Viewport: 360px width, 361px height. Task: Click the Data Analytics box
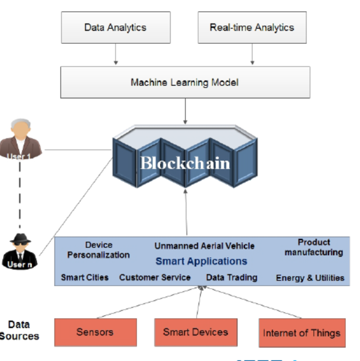[116, 27]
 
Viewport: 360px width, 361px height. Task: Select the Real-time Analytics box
[252, 27]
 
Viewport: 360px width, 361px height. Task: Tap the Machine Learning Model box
[185, 82]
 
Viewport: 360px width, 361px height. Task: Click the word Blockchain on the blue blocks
[185, 163]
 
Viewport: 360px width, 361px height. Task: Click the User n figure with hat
[19, 251]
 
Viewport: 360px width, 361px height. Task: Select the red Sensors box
[95, 332]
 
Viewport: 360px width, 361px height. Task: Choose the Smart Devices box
[196, 332]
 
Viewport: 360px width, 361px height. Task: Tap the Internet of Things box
[302, 333]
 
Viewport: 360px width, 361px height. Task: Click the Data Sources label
[19, 330]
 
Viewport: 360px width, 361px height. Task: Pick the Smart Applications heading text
[201, 261]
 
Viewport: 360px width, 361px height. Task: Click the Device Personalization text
[98, 250]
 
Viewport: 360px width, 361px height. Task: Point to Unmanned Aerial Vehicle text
[204, 246]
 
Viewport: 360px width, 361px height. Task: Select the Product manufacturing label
[314, 247]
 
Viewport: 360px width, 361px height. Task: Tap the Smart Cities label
[85, 277]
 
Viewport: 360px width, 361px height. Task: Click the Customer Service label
[155, 277]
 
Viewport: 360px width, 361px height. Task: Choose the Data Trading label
[231, 277]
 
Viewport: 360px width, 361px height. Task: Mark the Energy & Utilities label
[310, 278]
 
